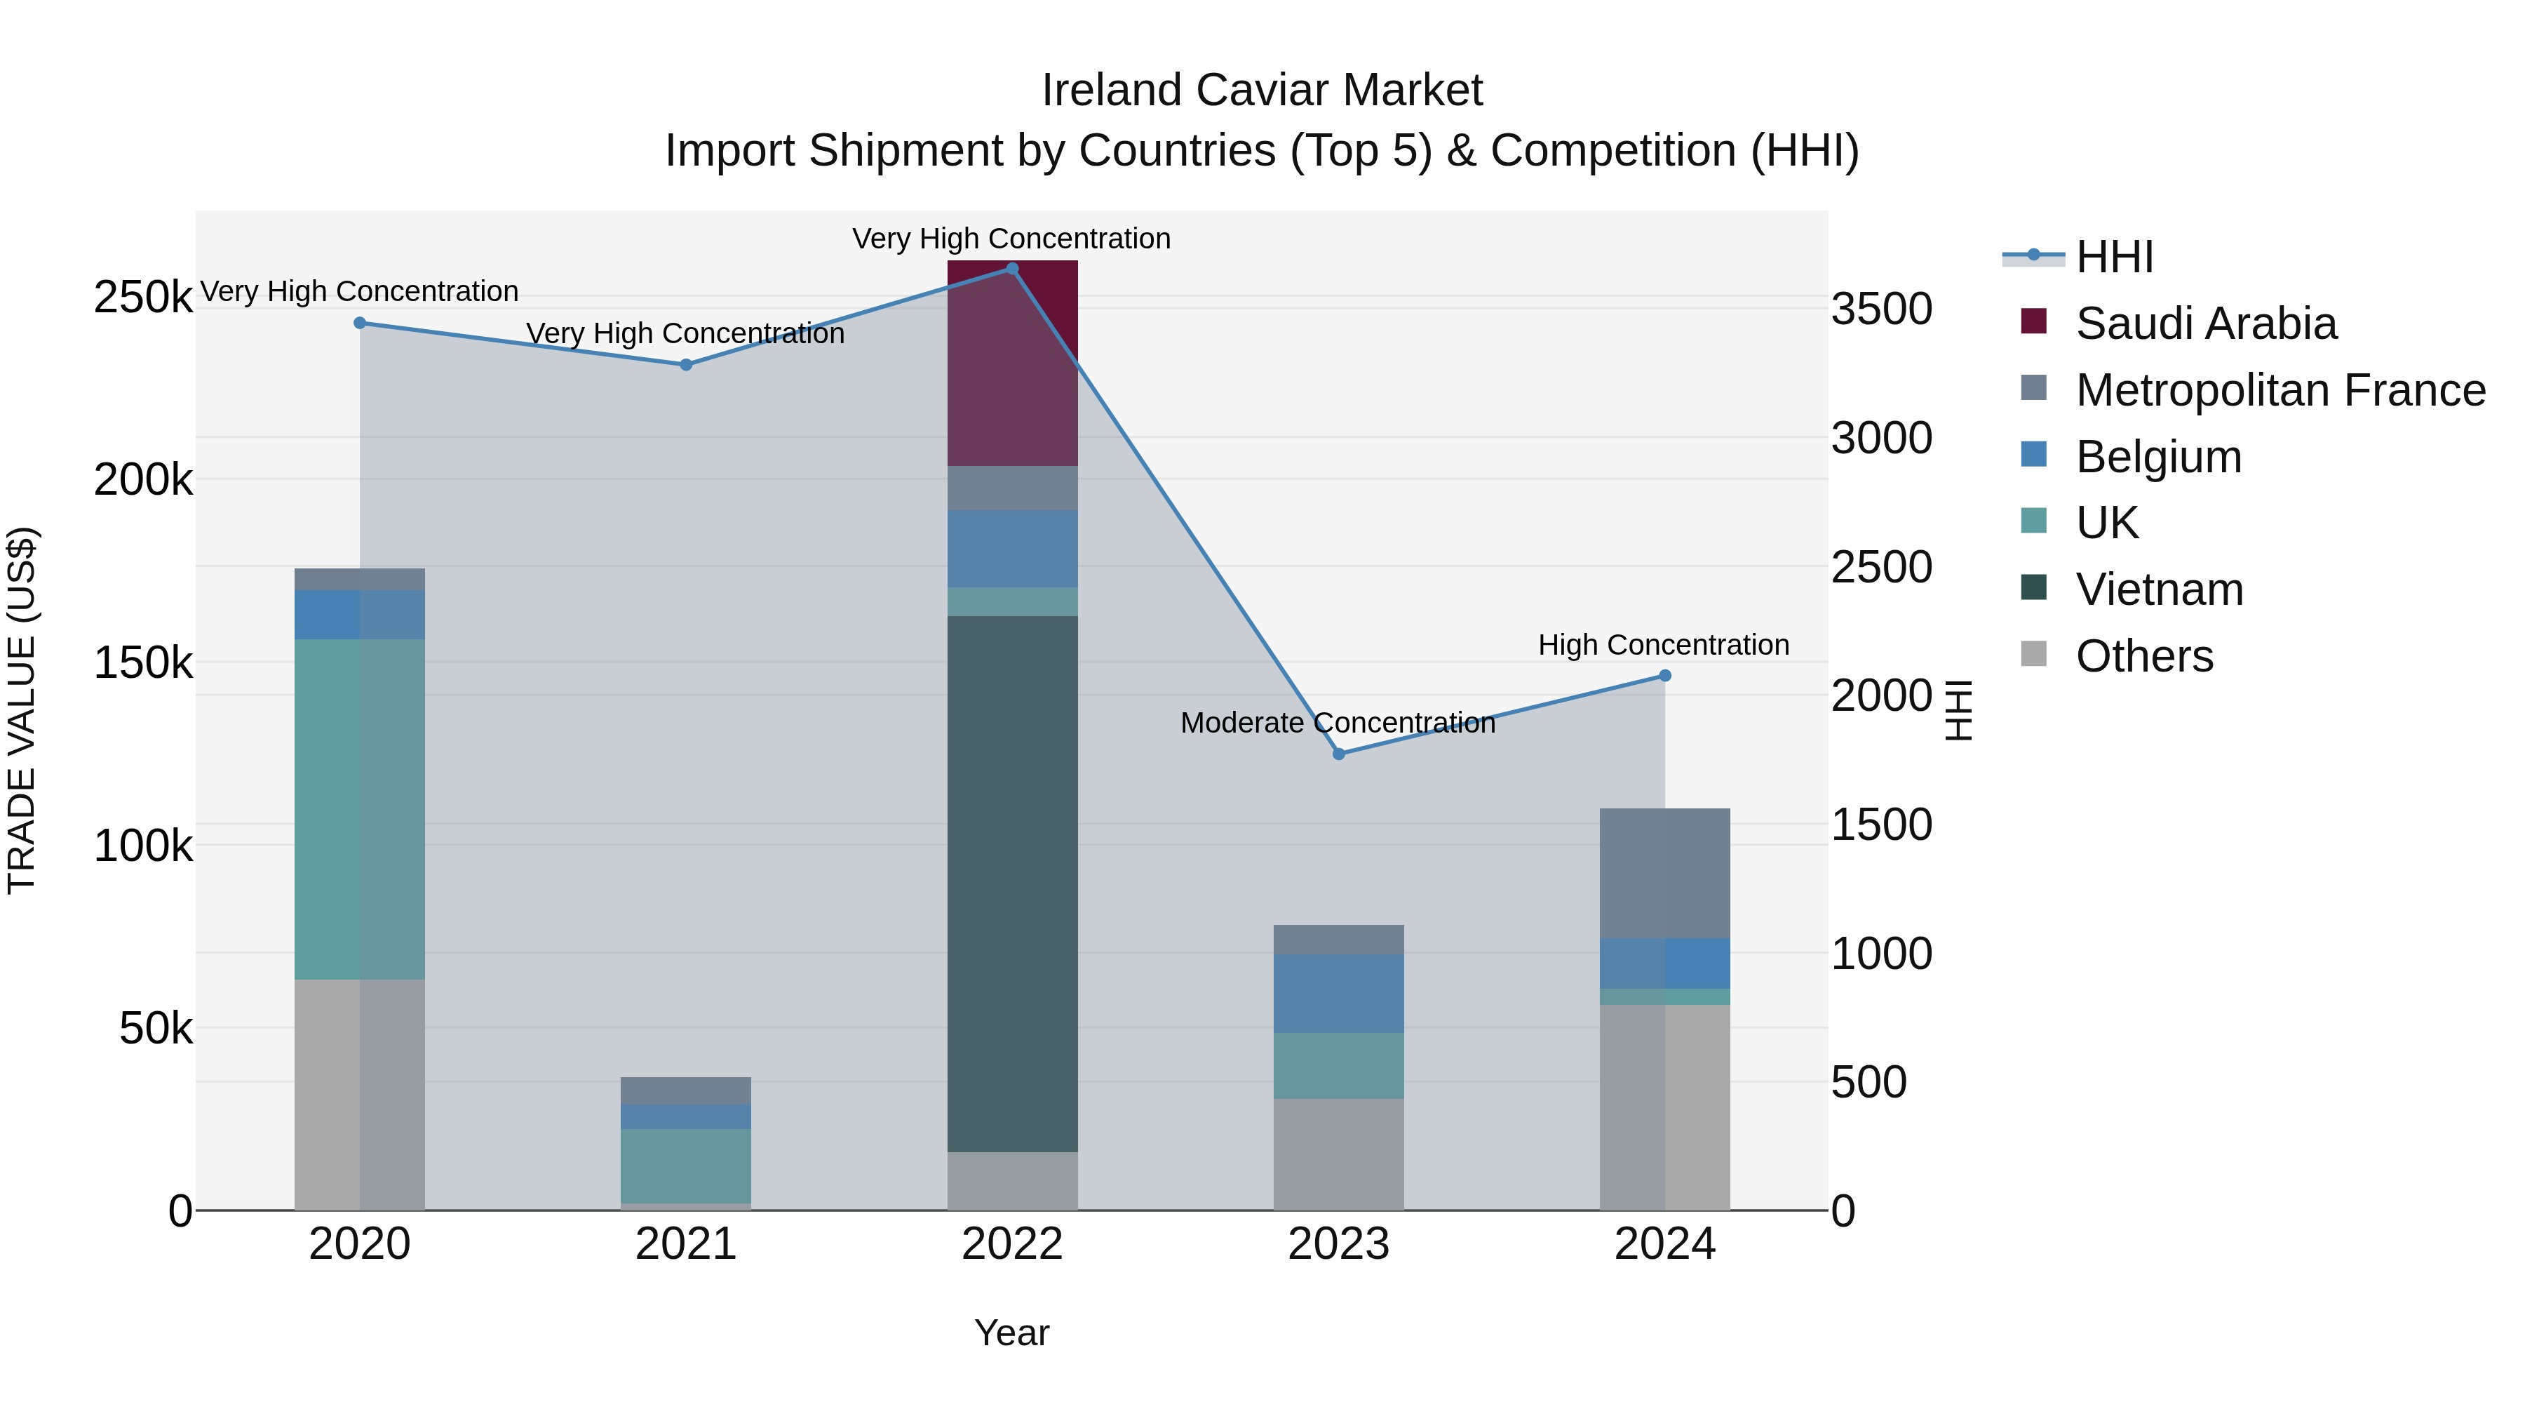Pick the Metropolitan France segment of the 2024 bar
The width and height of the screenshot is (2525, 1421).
click(1664, 873)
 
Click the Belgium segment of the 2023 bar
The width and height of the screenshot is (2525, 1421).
click(1338, 992)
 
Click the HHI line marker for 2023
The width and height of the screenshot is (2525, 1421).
click(1338, 753)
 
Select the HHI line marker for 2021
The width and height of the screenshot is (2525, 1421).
click(685, 363)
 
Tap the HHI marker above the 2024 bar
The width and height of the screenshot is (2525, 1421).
click(1664, 674)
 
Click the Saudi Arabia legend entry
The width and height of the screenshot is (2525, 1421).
click(2205, 323)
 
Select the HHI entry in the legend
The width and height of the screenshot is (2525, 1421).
click(2113, 257)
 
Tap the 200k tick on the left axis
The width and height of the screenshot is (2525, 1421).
click(143, 479)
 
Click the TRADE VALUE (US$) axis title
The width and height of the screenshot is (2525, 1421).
click(22, 710)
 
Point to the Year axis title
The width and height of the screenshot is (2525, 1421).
click(1011, 1333)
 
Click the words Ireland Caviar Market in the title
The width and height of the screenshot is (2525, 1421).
click(1262, 91)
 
